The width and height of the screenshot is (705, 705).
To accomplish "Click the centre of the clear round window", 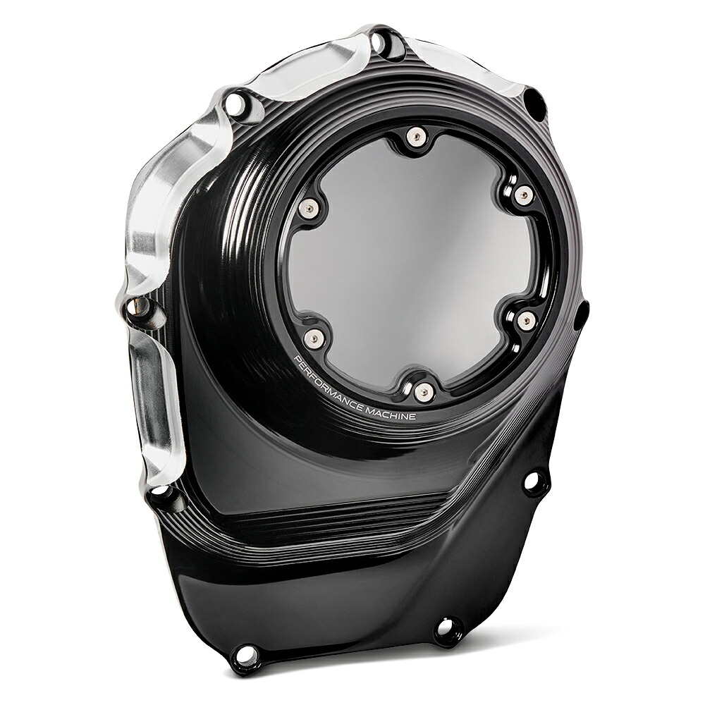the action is point(419,265).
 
